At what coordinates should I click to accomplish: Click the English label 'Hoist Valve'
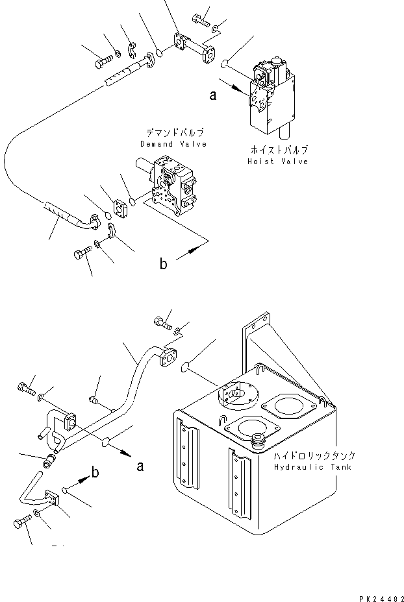click(x=277, y=162)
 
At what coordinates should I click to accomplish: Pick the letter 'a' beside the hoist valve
click(x=212, y=96)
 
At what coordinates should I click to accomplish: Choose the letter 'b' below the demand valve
click(x=164, y=263)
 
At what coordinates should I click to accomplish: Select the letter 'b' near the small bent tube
click(x=95, y=473)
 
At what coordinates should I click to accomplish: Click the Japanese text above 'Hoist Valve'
click(x=277, y=150)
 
